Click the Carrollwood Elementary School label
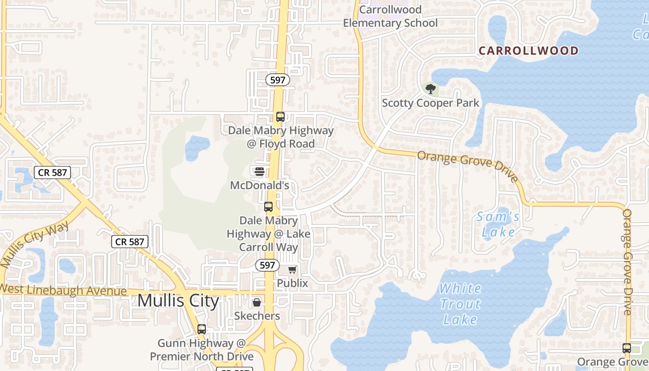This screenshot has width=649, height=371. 390,16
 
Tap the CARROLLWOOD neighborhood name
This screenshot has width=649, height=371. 528,51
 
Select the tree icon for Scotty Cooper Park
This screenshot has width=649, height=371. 431,89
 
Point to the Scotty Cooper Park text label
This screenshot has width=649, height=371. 430,103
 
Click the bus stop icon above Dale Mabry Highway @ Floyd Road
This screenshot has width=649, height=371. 280,117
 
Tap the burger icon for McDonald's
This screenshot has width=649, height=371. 259,171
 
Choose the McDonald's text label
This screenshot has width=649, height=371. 260,185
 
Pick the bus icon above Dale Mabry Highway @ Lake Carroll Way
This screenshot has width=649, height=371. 268,207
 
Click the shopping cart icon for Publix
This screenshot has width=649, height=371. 292,269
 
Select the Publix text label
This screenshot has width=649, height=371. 292,283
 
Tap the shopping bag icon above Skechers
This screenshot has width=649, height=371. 256,303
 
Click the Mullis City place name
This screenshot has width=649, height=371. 178,301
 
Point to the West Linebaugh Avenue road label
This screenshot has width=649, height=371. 64,290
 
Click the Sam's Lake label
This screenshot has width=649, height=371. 498,224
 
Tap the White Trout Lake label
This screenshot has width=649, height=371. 460,304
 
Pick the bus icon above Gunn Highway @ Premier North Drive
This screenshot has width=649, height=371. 201,329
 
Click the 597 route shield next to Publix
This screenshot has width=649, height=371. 267,266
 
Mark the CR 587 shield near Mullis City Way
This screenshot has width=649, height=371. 130,241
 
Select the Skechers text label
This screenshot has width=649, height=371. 257,316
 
